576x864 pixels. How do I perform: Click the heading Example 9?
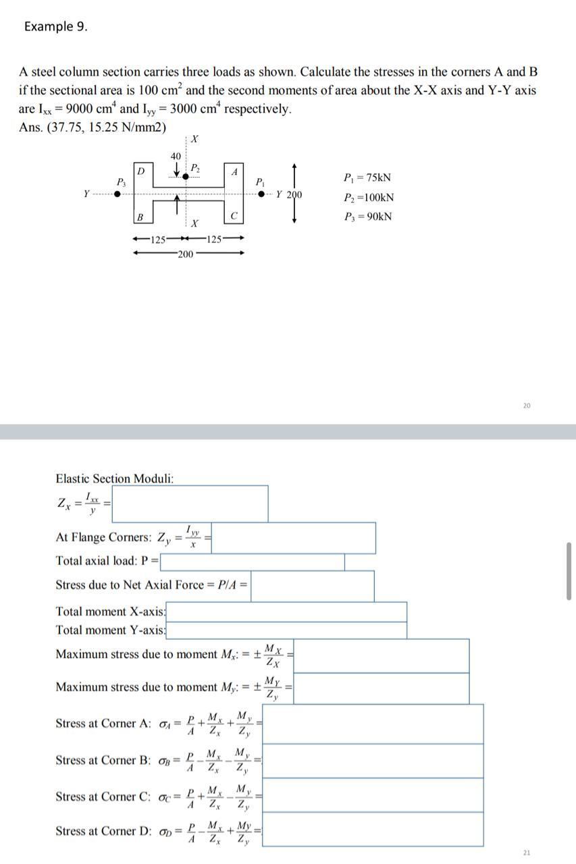[55, 26]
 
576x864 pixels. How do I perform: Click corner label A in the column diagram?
[234, 171]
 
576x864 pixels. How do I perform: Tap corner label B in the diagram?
[139, 217]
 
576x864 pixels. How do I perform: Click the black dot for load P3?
[118, 194]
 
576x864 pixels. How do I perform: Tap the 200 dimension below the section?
[185, 254]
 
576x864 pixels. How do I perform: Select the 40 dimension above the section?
[176, 156]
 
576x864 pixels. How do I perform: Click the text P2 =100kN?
[369, 197]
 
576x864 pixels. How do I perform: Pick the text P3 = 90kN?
[367, 217]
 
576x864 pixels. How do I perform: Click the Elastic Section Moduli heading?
[114, 479]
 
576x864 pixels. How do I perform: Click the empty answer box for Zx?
[189, 504]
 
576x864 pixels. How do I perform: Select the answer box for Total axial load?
[253, 561]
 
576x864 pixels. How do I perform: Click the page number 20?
[527, 406]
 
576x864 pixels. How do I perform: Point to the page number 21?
[527, 853]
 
